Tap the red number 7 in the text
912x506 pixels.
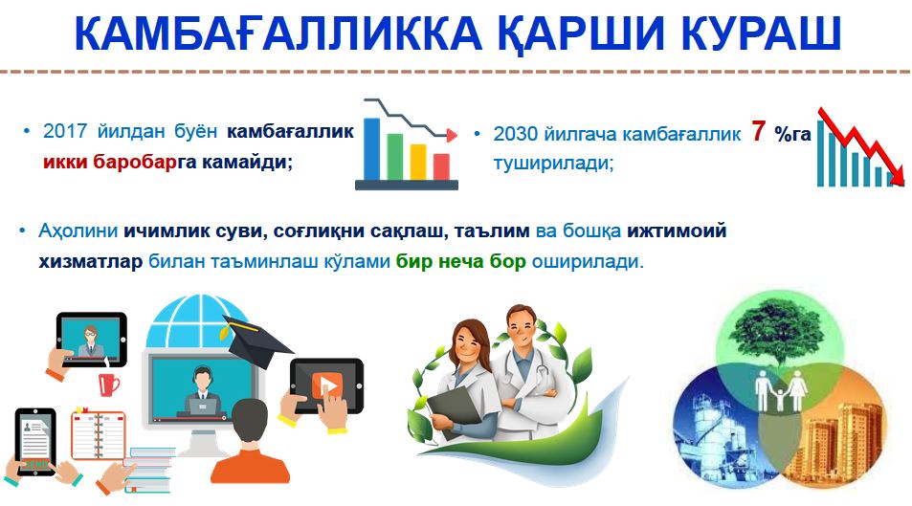tap(757, 131)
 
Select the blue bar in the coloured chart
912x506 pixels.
tap(371, 149)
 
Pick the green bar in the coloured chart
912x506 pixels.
tap(395, 157)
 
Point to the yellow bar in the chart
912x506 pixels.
tap(418, 162)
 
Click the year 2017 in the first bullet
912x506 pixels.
tap(65, 131)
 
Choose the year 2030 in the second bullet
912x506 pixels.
tap(515, 134)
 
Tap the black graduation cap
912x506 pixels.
tap(256, 342)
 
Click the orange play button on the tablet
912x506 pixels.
tap(327, 385)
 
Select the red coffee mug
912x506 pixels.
tap(108, 384)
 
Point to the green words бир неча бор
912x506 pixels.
tap(460, 261)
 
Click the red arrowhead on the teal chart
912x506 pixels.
tap(897, 176)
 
